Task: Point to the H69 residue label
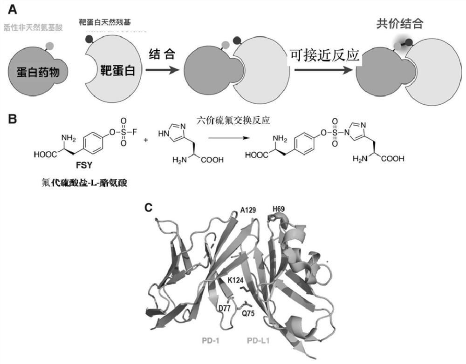pos(280,209)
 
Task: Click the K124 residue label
pos(237,280)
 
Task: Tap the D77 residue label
pos(224,308)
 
